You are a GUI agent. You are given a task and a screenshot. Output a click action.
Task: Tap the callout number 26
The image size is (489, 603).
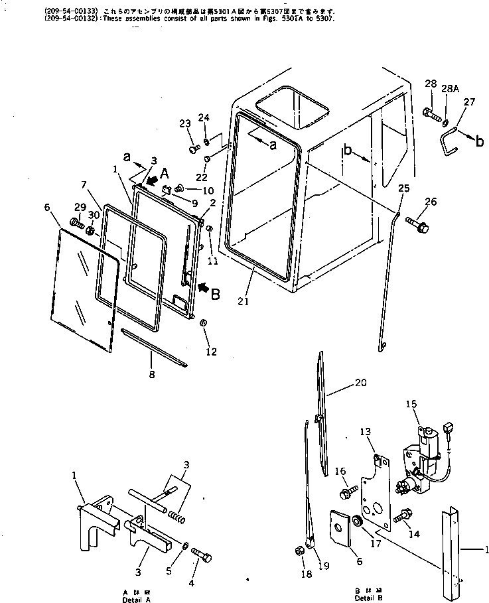tap(431, 202)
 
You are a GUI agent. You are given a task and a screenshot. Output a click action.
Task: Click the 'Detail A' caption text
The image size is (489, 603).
tap(136, 595)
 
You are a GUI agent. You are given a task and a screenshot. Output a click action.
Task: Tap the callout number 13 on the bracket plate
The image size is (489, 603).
tap(366, 432)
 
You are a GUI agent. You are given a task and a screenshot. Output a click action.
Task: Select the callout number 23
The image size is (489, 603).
tap(184, 123)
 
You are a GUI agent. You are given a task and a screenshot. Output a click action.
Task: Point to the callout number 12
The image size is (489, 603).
tap(211, 352)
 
